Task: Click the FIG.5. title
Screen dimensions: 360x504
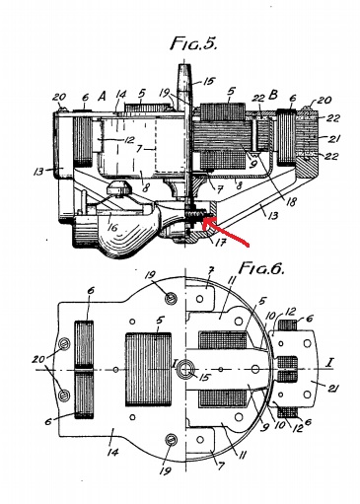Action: pos(193,43)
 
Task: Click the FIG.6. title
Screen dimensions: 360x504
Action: pos(261,268)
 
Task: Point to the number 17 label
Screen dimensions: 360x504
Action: pos(220,243)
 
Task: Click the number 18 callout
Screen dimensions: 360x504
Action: pos(291,201)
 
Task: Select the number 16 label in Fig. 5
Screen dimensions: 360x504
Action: pos(111,227)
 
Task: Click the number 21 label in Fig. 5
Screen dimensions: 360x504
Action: pos(332,139)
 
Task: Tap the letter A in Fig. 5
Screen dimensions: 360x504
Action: pos(102,97)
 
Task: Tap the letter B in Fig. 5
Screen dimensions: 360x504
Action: pos(273,95)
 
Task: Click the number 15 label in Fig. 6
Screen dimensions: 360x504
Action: pos(204,377)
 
